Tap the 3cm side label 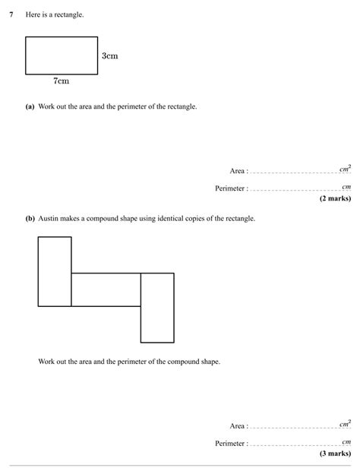[109, 56]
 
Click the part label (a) [30, 106]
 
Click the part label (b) [30, 219]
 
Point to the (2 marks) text [335, 198]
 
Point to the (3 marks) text [335, 454]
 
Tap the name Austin [49, 219]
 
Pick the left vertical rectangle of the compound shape [55, 271]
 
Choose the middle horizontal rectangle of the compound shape [106, 289]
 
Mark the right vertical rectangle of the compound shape [157, 308]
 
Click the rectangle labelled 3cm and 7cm [62, 55]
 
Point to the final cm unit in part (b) [346, 441]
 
